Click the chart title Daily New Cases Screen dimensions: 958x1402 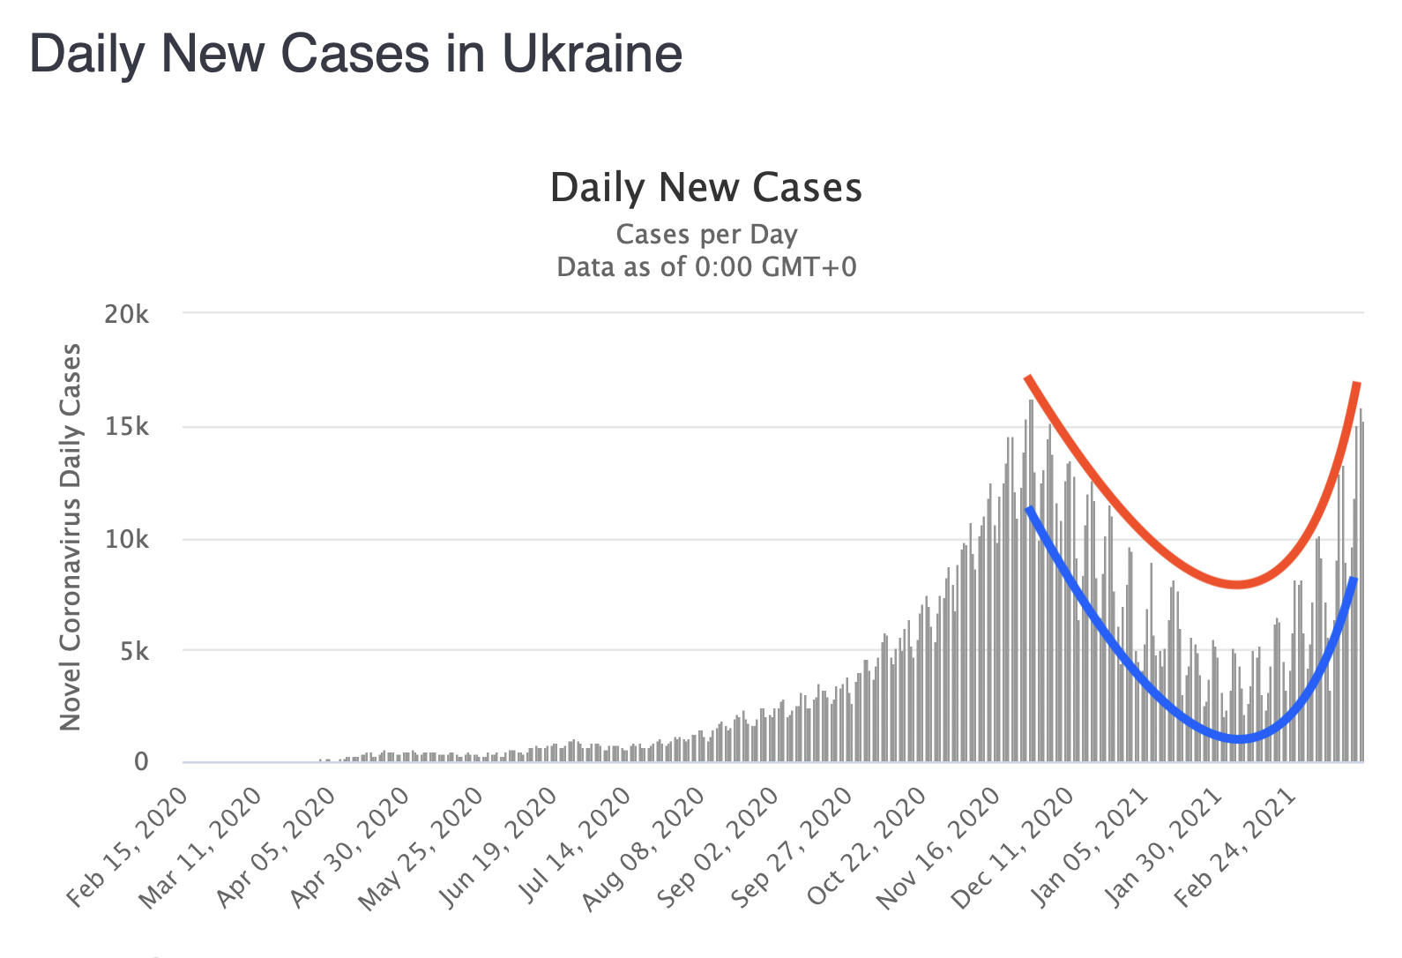706,188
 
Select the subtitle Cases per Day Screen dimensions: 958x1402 706,235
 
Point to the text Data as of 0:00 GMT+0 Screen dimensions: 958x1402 706,266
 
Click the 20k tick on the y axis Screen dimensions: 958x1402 127,314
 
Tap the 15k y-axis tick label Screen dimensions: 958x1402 127,427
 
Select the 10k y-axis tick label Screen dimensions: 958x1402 127,539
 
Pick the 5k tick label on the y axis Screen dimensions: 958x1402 133,651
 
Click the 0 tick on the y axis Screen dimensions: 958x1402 141,762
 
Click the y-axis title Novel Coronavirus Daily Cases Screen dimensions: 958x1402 71,537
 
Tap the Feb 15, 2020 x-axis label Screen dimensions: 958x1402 129,846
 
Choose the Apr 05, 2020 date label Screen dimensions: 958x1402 277,846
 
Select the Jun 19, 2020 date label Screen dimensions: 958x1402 499,846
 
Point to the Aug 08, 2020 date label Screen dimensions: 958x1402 645,846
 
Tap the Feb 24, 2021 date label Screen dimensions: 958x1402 1236,846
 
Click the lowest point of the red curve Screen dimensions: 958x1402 1238,584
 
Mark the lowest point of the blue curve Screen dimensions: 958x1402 1240,739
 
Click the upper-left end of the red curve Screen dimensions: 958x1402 1027,378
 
